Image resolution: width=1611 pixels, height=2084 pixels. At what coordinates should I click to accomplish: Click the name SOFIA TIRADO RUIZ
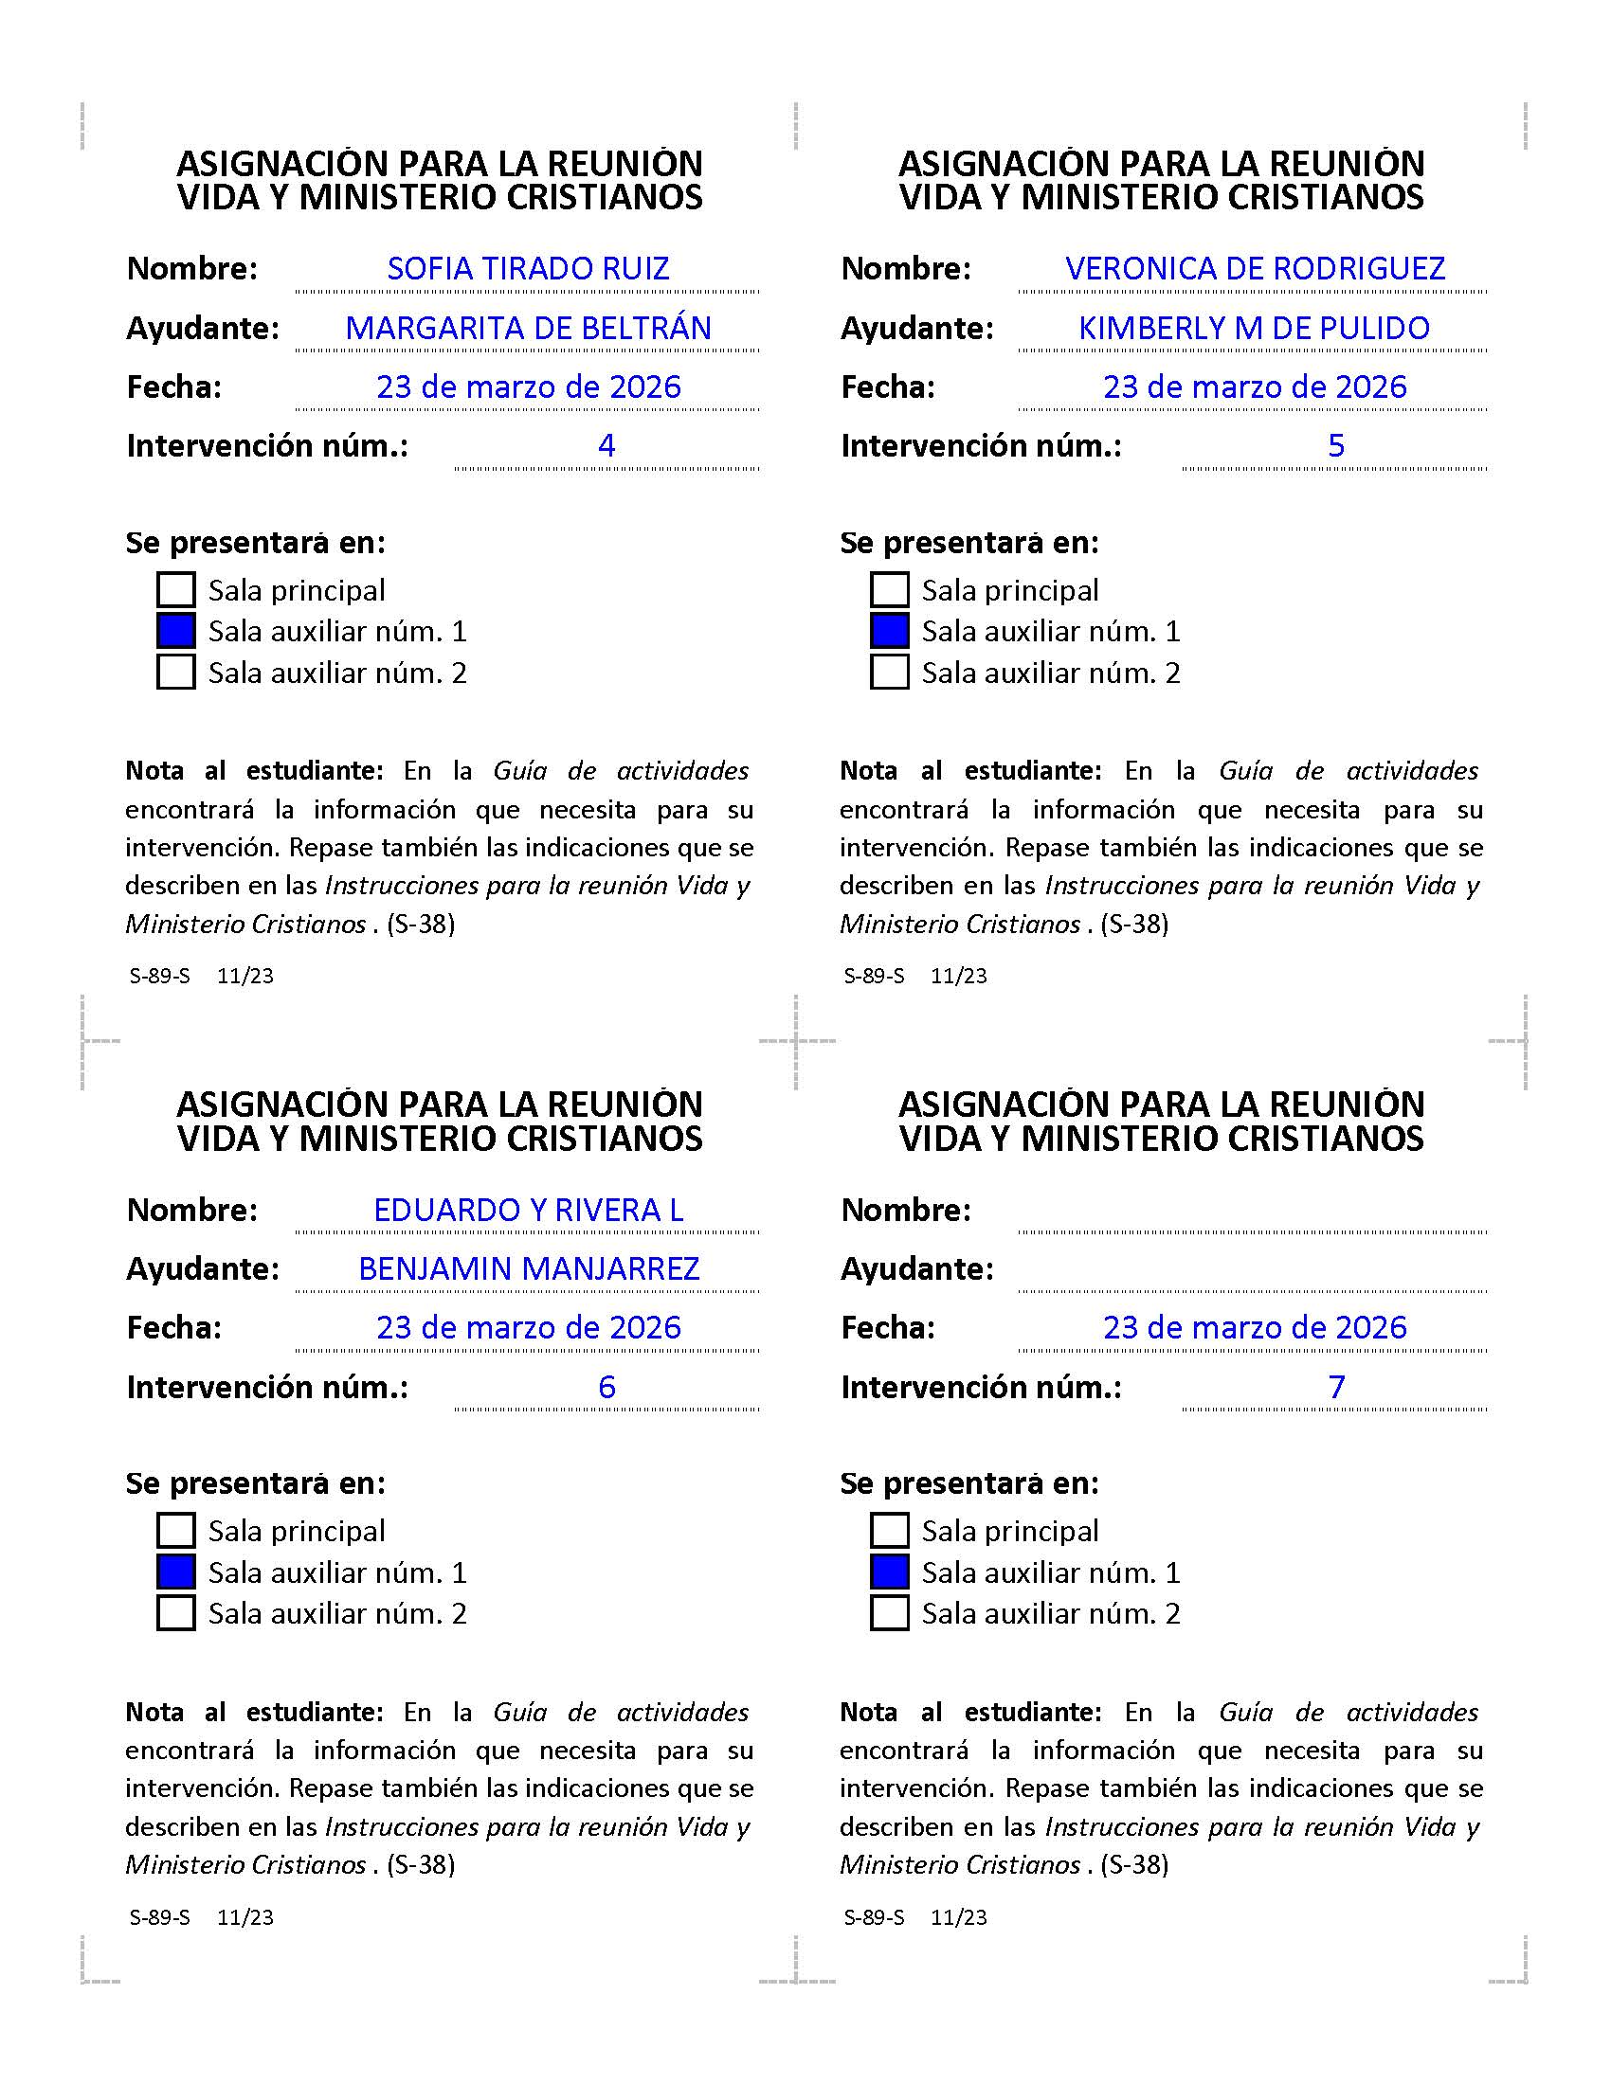coord(528,268)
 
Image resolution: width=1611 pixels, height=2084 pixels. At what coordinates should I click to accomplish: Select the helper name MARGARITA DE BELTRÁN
coord(528,329)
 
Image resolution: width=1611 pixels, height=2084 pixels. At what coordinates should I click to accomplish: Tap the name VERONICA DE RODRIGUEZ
coord(1254,268)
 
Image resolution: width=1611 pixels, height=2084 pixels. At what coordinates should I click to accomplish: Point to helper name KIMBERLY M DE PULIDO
coord(1253,329)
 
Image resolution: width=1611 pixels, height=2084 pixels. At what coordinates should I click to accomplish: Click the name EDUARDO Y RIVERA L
coord(528,1210)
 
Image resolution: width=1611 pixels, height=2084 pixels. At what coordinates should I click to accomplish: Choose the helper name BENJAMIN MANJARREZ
coord(528,1269)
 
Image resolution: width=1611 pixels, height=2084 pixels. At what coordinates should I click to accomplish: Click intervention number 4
coord(606,445)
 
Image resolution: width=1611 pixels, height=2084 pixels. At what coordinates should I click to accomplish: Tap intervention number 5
coord(1335,445)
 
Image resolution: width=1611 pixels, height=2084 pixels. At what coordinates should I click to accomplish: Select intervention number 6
coord(606,1387)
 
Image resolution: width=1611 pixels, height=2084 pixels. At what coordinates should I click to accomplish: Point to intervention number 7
coord(1335,1387)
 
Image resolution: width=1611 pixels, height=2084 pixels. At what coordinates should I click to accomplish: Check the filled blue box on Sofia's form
coord(175,631)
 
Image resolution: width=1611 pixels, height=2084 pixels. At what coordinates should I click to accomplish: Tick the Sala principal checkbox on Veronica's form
coord(889,590)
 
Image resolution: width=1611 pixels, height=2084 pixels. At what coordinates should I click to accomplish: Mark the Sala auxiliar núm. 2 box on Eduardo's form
coord(175,1613)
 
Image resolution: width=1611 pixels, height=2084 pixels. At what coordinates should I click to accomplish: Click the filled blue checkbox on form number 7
coord(889,1572)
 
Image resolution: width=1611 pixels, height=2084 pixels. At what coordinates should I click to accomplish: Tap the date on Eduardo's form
coord(528,1327)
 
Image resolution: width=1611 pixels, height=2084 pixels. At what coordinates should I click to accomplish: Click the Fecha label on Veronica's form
coord(888,387)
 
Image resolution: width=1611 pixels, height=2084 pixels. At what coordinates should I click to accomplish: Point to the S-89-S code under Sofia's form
coord(159,976)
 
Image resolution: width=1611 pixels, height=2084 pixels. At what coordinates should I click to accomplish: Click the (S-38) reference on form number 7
coord(1133,1864)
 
